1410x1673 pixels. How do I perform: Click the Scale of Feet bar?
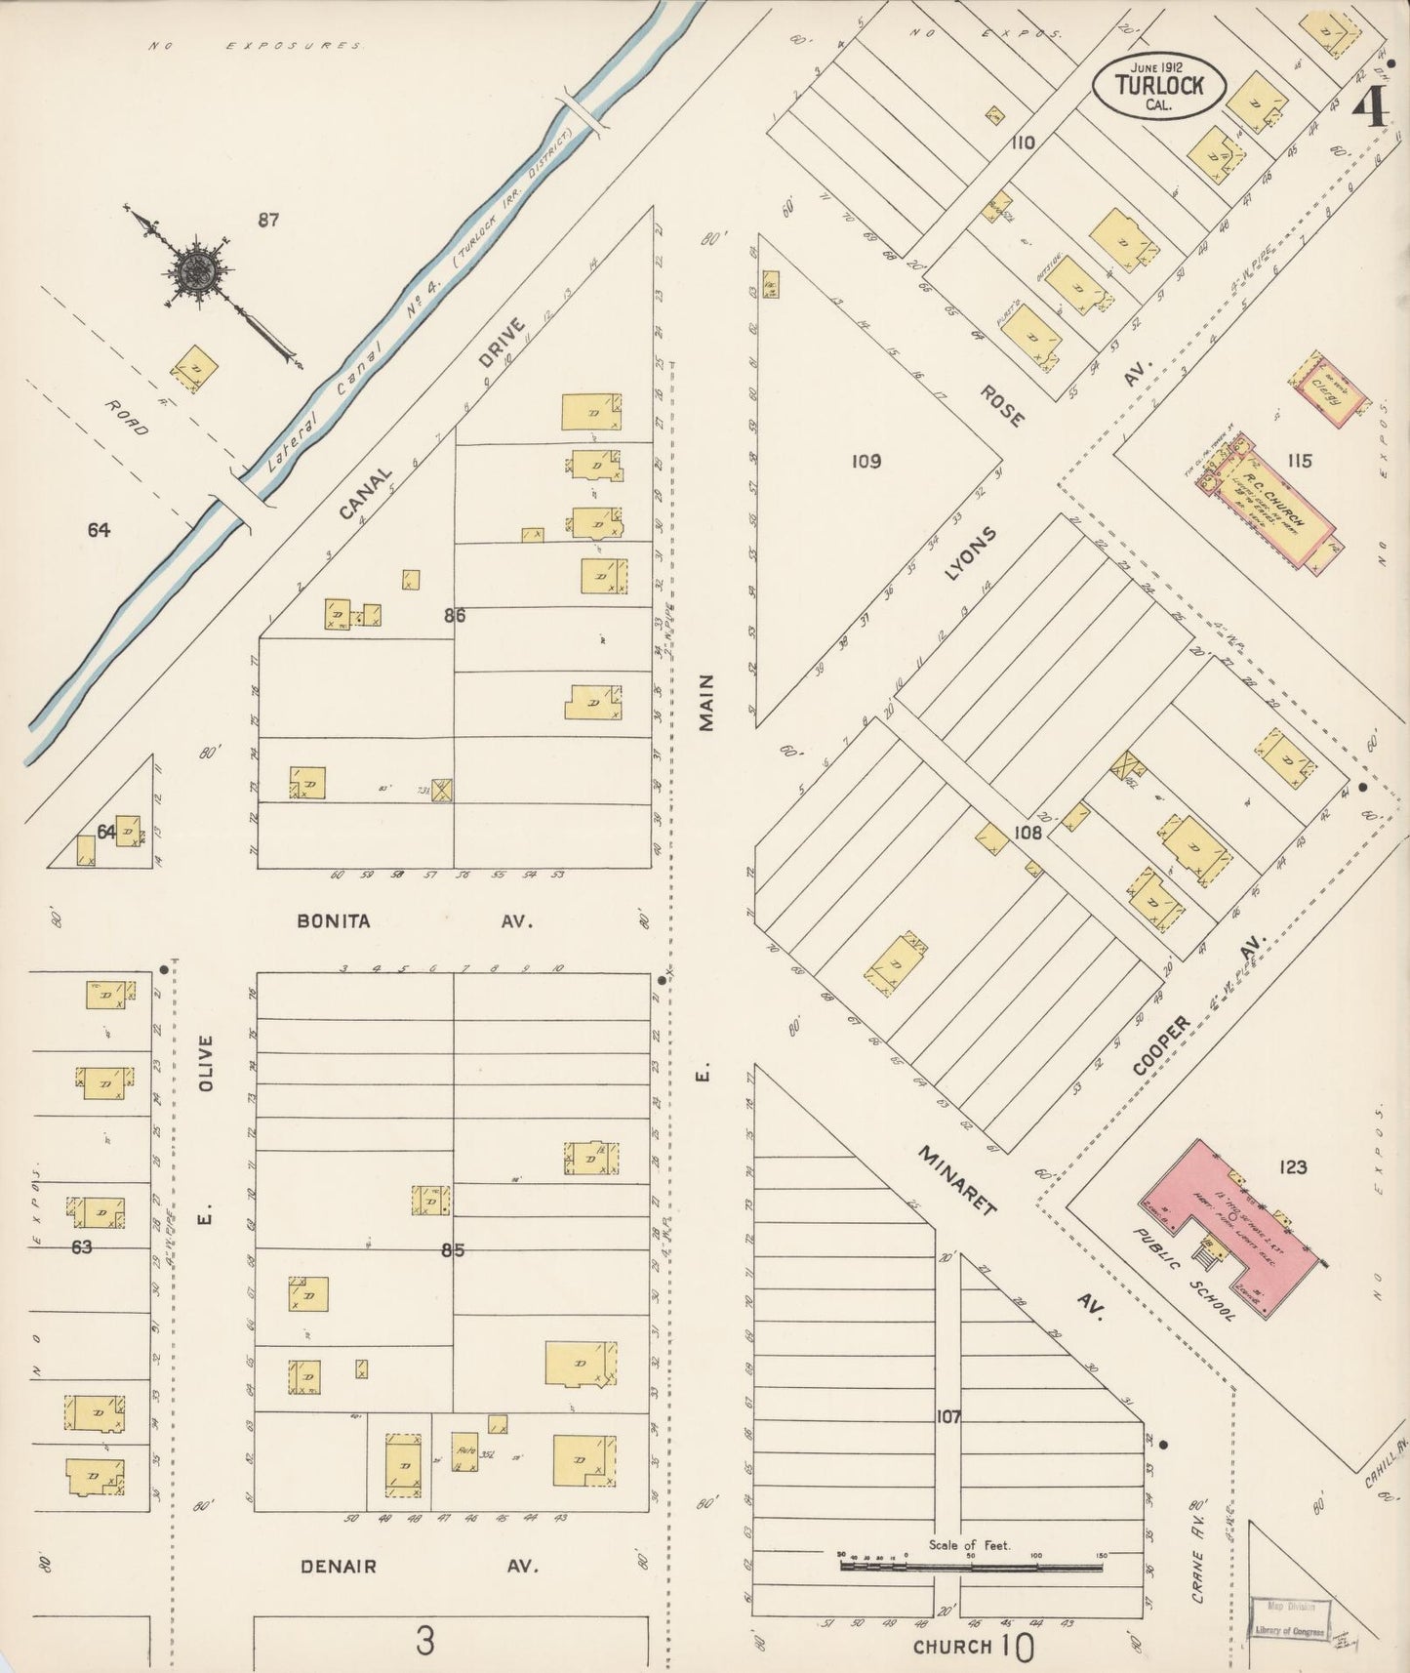point(971,1567)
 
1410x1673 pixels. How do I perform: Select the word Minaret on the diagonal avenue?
point(957,1181)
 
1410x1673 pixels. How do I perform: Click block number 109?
point(866,460)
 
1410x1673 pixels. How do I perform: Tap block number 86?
point(454,615)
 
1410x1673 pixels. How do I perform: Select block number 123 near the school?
point(1292,1166)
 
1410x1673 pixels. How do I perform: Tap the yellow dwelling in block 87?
point(195,368)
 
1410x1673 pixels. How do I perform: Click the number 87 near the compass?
point(268,221)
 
